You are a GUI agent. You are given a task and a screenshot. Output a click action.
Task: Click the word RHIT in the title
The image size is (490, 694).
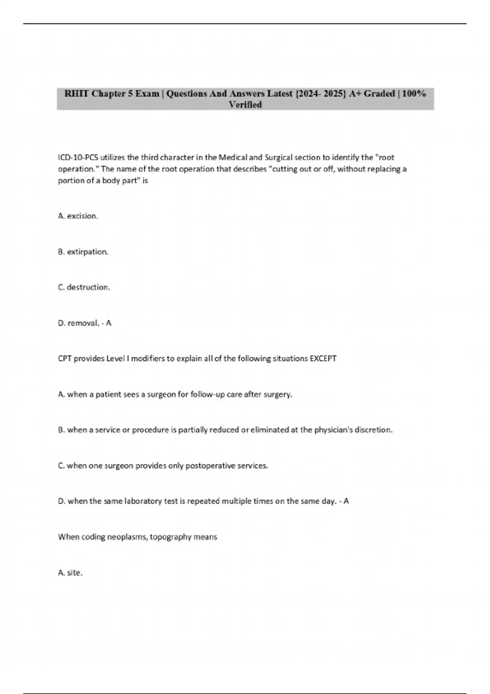[x=77, y=93]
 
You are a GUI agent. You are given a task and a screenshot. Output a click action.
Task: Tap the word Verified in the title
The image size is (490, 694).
[x=245, y=105]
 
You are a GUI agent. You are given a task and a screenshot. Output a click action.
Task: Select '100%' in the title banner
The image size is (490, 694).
[x=414, y=93]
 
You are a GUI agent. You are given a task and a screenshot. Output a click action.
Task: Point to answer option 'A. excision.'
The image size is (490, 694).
[x=78, y=216]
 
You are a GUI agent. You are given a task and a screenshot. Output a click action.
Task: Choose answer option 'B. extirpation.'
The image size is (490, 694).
[x=83, y=252]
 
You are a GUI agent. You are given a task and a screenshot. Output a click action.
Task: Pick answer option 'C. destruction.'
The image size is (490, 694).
[x=84, y=287]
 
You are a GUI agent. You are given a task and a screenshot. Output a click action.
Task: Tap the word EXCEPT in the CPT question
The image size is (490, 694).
[x=323, y=358]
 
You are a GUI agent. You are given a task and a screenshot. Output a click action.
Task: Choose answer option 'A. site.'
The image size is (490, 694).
[x=70, y=573]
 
